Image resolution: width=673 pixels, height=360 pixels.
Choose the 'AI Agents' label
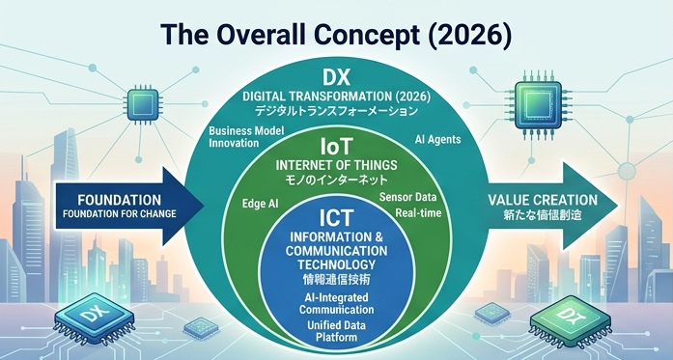[x=436, y=139]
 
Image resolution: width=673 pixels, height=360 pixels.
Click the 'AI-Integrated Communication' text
[x=337, y=304]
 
